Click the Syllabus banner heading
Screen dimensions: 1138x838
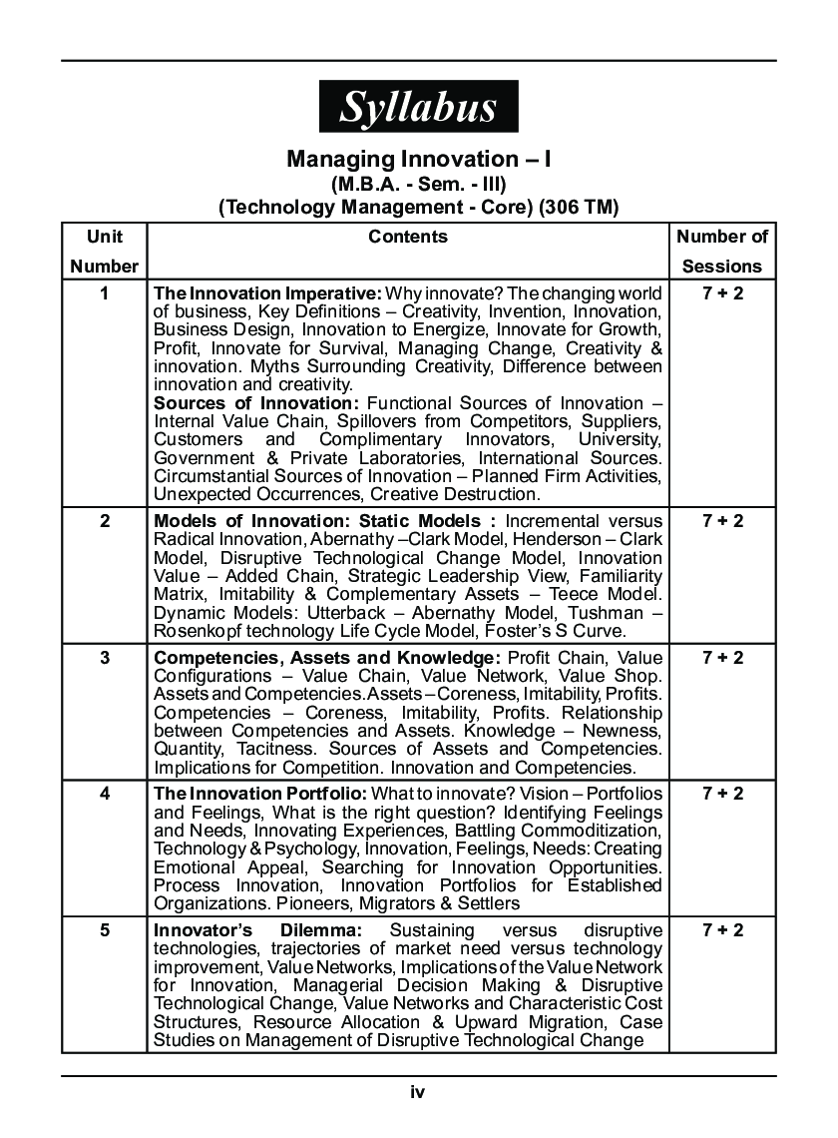[x=418, y=107]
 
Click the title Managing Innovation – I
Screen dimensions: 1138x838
[x=418, y=159]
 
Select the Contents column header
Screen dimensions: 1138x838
[x=408, y=237]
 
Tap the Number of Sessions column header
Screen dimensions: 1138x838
[x=722, y=251]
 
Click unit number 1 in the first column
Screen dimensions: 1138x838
[x=105, y=293]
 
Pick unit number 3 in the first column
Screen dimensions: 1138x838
[x=105, y=658]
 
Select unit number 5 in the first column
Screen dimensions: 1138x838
[x=105, y=930]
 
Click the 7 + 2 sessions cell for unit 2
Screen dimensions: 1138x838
[x=722, y=521]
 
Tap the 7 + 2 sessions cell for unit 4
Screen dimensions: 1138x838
[x=722, y=794]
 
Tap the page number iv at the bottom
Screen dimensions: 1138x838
[x=418, y=1092]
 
